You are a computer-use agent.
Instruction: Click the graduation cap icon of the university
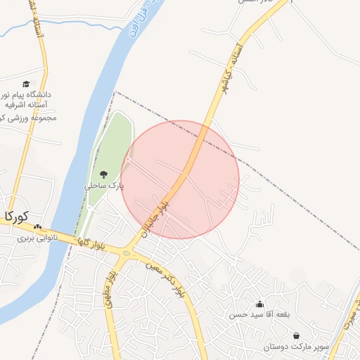[x=27, y=84]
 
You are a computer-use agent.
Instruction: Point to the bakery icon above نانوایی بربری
[x=37, y=227]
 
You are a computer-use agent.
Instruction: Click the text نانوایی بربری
[x=37, y=238]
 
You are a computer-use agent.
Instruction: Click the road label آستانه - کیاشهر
[x=236, y=70]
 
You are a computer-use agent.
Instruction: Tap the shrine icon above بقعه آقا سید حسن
[x=260, y=304]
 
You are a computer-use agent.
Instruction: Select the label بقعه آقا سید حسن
[x=258, y=315]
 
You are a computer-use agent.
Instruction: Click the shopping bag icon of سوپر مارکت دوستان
[x=296, y=336]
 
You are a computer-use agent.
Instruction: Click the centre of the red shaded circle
[x=180, y=180]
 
